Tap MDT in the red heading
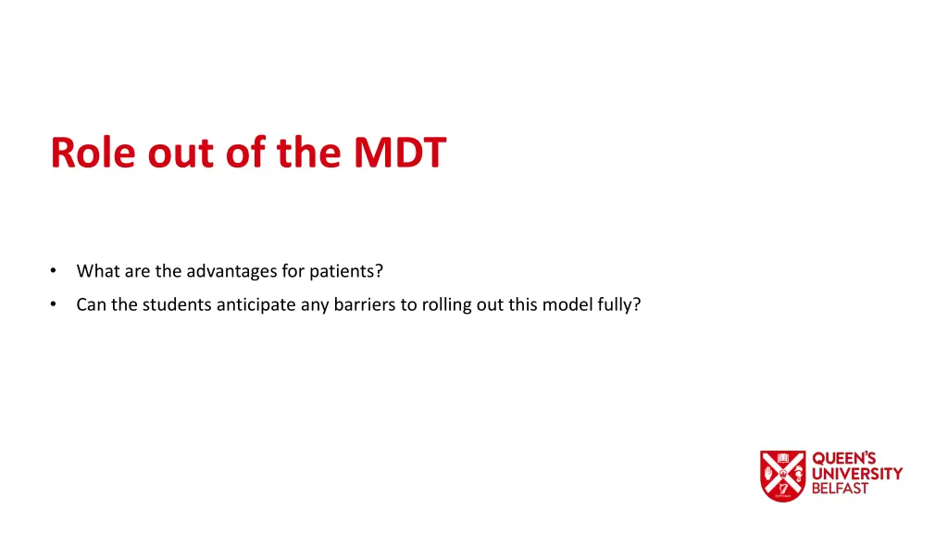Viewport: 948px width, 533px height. click(x=399, y=153)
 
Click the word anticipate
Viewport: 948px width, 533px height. click(x=256, y=304)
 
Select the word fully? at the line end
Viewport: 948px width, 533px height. click(x=619, y=304)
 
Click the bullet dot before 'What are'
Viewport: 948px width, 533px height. click(x=55, y=272)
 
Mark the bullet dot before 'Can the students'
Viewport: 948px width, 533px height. click(x=55, y=304)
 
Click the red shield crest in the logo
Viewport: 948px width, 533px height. click(x=782, y=476)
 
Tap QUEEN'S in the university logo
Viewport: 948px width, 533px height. click(x=844, y=459)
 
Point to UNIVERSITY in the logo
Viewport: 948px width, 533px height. click(x=856, y=474)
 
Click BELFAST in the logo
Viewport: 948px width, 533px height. click(x=840, y=489)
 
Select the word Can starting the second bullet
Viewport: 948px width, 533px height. click(x=92, y=304)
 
